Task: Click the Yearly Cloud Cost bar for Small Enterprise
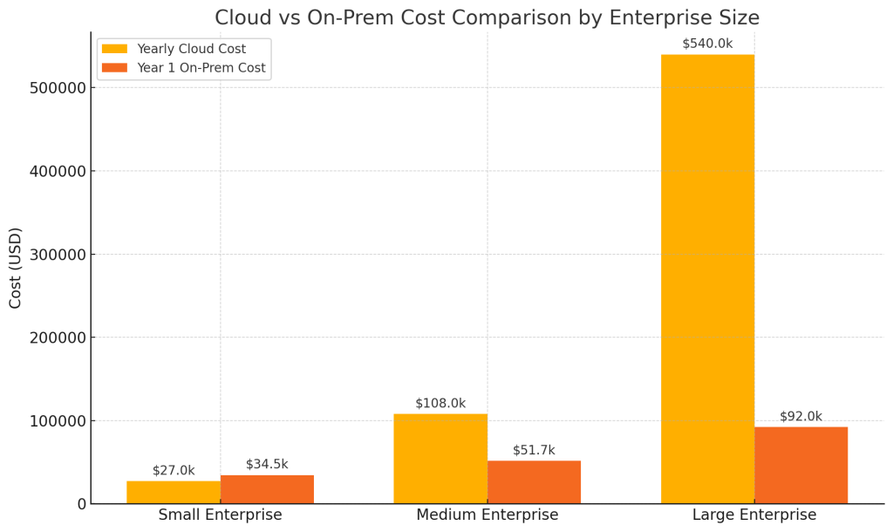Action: click(174, 492)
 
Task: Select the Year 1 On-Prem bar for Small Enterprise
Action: click(267, 489)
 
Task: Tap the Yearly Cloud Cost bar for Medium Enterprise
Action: click(440, 458)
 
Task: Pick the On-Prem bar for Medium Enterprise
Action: click(534, 481)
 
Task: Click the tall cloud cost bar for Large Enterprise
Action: click(707, 279)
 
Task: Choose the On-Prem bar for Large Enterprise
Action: click(801, 465)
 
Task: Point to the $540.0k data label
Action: click(707, 44)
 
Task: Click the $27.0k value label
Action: click(174, 471)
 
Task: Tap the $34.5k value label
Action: click(267, 465)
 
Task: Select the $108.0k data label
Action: click(440, 404)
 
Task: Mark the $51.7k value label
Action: click(534, 451)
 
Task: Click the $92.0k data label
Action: click(801, 417)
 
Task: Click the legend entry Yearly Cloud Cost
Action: click(191, 49)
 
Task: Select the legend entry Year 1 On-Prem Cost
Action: click(201, 68)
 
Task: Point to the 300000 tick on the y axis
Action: click(58, 255)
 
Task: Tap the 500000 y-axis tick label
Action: click(58, 88)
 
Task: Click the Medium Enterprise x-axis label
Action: click(487, 515)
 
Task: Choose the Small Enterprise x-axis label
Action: click(220, 515)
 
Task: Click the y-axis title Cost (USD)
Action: click(16, 268)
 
